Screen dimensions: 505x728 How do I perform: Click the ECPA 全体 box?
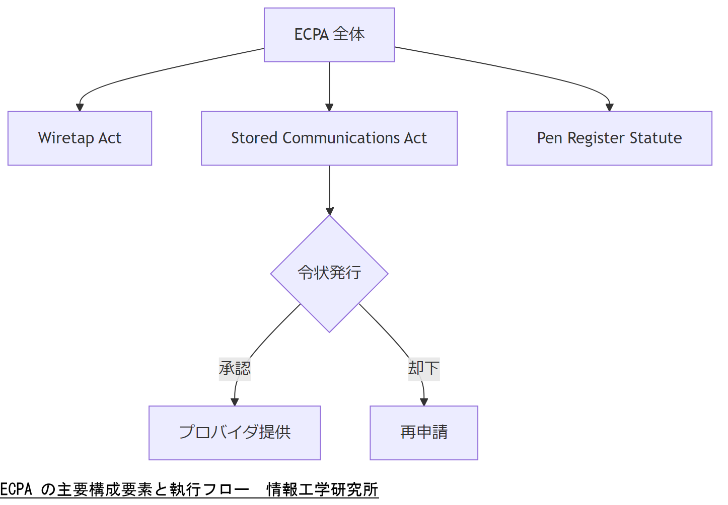click(x=329, y=35)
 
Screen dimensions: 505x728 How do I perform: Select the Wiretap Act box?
click(x=80, y=138)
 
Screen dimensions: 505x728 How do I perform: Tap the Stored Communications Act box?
click(x=329, y=138)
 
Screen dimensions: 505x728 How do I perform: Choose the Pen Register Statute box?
click(x=609, y=138)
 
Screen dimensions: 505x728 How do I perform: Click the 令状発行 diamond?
click(x=329, y=274)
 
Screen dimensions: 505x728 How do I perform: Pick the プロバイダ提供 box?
click(x=235, y=433)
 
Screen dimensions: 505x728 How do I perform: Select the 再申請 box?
click(x=424, y=433)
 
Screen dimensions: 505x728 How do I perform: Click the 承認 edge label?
click(x=235, y=369)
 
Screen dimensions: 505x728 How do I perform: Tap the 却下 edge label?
click(x=424, y=369)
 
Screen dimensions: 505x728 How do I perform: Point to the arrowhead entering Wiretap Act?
click(x=80, y=107)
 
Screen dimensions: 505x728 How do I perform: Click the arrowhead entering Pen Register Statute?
click(x=609, y=107)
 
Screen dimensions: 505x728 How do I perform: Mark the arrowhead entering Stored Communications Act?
click(x=329, y=107)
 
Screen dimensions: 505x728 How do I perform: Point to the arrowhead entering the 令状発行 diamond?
click(x=330, y=211)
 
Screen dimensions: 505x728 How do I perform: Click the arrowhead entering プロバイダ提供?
click(x=235, y=402)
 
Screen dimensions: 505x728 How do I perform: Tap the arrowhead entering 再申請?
click(x=424, y=402)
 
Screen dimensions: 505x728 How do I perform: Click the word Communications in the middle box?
click(x=341, y=138)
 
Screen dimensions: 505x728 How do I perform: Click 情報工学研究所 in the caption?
click(x=322, y=489)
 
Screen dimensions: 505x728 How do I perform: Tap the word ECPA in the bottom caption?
click(x=16, y=489)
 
